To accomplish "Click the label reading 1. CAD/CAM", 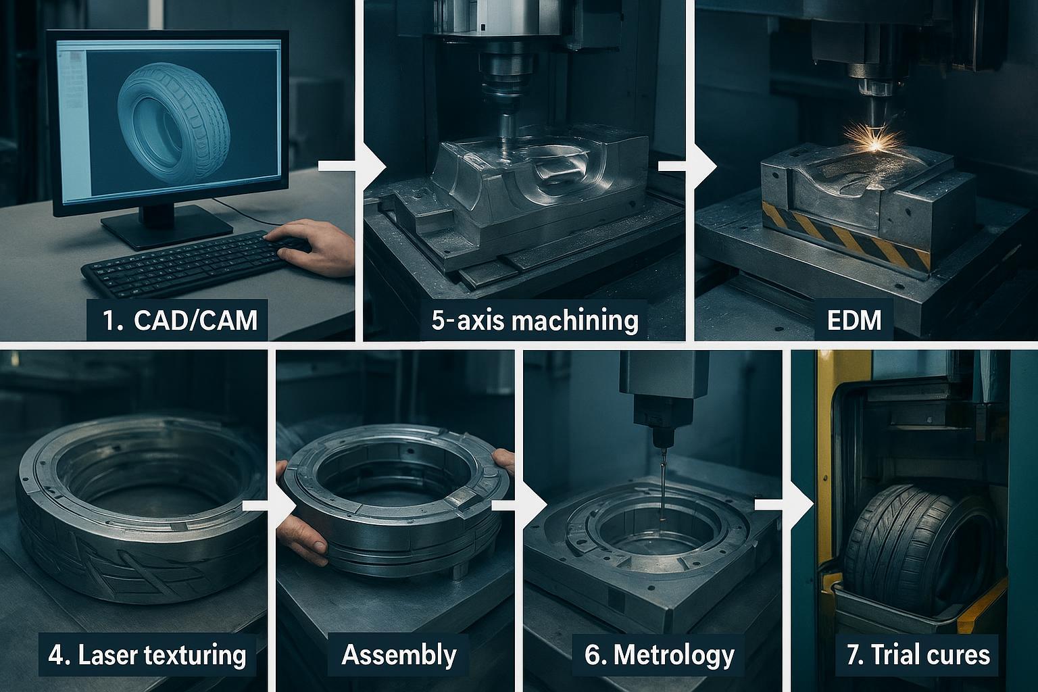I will click(177, 319).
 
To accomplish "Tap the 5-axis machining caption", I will click(534, 319).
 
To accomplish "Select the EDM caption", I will click(854, 319).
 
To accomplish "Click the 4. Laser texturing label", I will click(147, 654).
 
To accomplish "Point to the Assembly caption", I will click(399, 654).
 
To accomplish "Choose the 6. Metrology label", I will click(659, 654).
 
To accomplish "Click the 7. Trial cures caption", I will click(917, 654).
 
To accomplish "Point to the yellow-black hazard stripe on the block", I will click(845, 233).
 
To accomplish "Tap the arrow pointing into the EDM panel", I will click(689, 166).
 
